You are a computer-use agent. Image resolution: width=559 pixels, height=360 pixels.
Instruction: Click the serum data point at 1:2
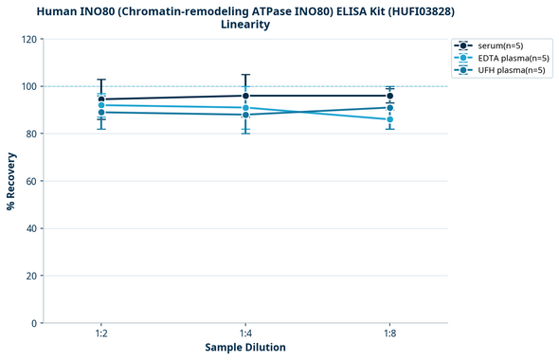coord(101,99)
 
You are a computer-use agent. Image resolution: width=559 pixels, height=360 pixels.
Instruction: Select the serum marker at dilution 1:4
coord(245,96)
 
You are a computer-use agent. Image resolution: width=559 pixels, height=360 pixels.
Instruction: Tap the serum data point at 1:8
coord(389,96)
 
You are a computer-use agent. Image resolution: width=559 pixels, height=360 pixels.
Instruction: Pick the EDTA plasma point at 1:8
coord(389,119)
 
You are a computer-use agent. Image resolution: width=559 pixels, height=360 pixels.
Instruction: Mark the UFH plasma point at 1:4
coord(245,115)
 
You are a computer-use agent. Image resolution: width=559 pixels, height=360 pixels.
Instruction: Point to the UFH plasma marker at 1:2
coord(101,112)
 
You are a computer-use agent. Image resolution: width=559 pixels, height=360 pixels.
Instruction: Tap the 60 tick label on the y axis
coord(31,181)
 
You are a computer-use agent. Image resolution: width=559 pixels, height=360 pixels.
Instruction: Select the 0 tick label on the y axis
coord(34,323)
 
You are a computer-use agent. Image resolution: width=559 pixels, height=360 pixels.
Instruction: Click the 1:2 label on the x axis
coord(101,333)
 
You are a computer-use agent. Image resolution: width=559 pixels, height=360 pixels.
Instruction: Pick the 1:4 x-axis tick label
coord(245,333)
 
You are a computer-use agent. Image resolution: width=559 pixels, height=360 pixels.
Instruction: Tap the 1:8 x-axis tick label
coord(389,333)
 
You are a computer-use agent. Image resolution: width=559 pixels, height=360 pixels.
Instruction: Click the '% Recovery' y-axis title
coord(11,181)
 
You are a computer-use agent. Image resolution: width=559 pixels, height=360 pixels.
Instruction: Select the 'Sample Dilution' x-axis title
coord(245,348)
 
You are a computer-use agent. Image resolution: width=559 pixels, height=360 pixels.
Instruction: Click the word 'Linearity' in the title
coord(245,25)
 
